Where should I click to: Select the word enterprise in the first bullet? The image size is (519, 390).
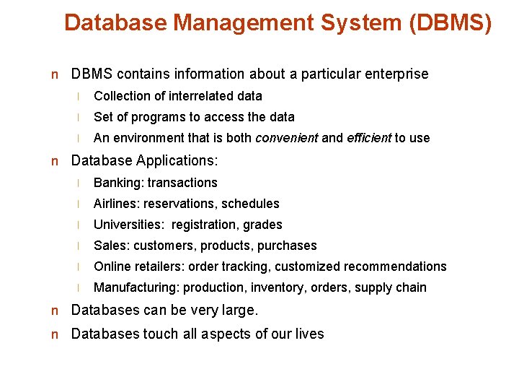(395, 74)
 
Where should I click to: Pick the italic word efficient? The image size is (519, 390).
(369, 138)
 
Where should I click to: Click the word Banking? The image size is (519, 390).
(119, 183)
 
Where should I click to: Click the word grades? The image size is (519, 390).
(264, 225)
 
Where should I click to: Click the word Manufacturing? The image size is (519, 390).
(136, 287)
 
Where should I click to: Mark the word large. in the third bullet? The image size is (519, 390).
(239, 311)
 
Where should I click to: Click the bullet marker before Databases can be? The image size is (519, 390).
(55, 311)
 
